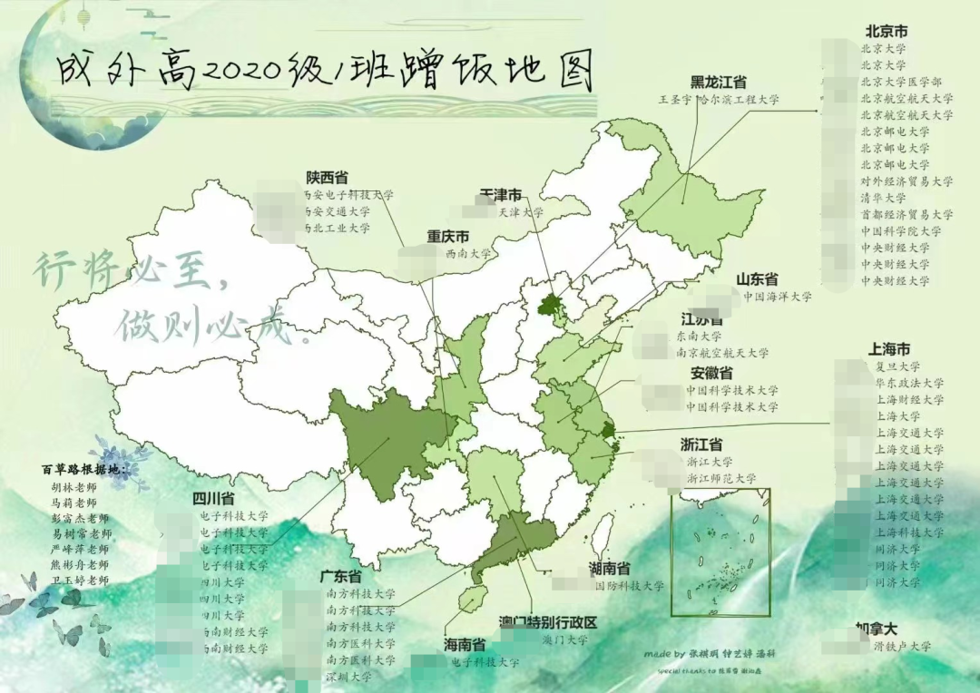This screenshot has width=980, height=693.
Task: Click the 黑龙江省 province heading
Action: point(720,82)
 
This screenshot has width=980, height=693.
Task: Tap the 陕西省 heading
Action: point(327,177)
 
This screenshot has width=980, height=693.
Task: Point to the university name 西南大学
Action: point(468,254)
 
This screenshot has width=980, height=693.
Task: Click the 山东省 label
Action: point(756,279)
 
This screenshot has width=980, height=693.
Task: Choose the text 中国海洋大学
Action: point(777,297)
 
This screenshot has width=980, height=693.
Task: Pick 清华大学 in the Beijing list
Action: point(883,198)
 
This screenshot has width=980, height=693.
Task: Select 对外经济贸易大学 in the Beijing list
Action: point(906,181)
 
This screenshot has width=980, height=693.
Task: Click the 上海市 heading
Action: point(889,349)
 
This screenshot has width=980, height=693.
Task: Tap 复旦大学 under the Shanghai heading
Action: point(897,367)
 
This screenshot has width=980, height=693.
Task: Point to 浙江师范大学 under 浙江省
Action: point(721,478)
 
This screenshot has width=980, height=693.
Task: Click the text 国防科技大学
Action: point(629,586)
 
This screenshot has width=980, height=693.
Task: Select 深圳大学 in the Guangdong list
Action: point(348,677)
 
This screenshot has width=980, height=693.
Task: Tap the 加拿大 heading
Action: point(877,628)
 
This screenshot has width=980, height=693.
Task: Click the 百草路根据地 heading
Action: point(84,469)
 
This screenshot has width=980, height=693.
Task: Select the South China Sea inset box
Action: point(720,554)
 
